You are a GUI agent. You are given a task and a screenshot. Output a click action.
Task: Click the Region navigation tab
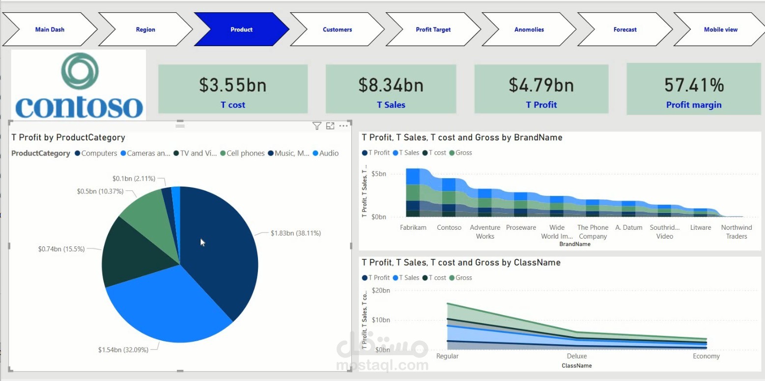point(145,29)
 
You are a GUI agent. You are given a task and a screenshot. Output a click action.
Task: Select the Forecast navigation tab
point(625,29)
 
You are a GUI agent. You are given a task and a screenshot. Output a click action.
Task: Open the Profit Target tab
point(433,29)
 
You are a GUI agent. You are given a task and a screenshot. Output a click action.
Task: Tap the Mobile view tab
point(720,29)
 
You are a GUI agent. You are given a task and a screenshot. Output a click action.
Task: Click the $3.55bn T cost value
point(233,85)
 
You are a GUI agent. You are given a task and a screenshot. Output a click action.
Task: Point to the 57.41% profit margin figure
point(694,85)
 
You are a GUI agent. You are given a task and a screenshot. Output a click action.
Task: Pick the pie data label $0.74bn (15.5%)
point(61,249)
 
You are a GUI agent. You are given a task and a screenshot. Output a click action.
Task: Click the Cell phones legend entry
point(245,153)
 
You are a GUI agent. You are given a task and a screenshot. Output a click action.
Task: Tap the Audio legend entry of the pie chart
point(328,153)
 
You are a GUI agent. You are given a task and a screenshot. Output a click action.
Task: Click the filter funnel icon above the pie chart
point(317,126)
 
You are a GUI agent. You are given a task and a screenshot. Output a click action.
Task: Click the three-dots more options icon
point(343,126)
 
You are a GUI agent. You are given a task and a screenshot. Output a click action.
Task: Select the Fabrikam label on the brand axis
point(413,227)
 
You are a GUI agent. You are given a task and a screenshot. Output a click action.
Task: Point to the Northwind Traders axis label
point(736,232)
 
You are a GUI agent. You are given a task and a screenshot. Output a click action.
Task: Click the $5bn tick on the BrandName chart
point(378,174)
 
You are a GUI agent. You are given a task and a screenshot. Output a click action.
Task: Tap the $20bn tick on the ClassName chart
point(381,290)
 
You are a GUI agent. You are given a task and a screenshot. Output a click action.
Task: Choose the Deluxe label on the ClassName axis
point(576,356)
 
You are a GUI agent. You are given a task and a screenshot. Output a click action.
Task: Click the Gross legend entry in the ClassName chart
point(463,278)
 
